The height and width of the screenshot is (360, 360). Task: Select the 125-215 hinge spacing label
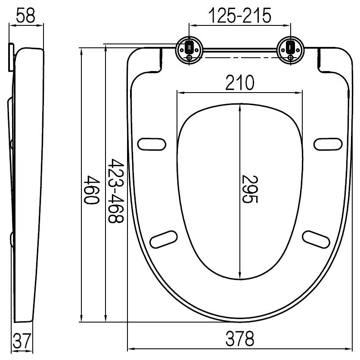point(239,16)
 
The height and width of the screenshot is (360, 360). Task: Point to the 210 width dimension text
point(239,82)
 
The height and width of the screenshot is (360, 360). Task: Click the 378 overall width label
point(239,339)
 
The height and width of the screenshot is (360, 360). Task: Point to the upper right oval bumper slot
point(328,144)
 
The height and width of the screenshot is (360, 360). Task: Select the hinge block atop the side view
point(11,56)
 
